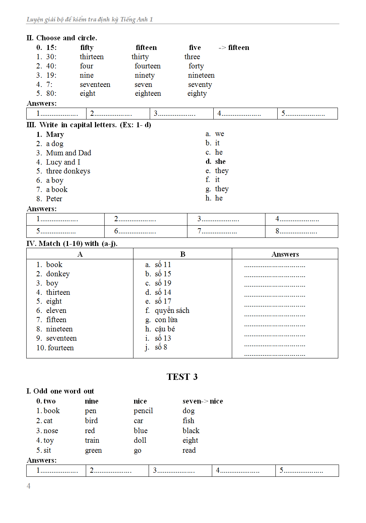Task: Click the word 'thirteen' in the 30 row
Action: tap(92, 57)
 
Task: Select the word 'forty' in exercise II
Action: tap(196, 66)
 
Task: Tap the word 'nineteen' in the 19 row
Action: tap(201, 75)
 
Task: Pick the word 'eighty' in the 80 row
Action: tap(197, 94)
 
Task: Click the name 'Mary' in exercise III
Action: tap(55, 134)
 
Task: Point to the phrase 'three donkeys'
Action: tap(68, 171)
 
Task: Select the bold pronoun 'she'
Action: tap(220, 161)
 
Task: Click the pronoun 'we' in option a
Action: tap(220, 134)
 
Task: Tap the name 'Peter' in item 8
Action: tap(54, 199)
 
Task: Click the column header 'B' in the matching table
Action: tap(183, 254)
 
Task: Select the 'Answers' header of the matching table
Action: tap(285, 254)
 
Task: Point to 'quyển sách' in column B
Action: tap(172, 310)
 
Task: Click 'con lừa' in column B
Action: tap(166, 320)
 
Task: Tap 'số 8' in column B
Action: tap(161, 347)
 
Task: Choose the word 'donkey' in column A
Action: tap(58, 274)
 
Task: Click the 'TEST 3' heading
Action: tap(182, 377)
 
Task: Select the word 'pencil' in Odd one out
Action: tap(143, 411)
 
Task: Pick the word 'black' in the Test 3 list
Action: tap(191, 431)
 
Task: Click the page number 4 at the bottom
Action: tap(28, 486)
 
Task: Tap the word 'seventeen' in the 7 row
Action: tap(95, 84)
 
